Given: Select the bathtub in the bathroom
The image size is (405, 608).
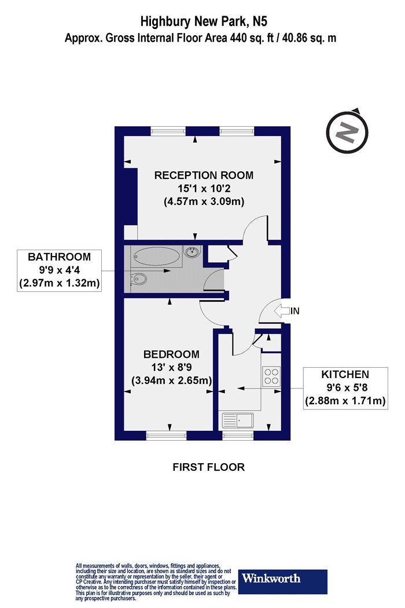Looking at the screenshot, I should point(157,255).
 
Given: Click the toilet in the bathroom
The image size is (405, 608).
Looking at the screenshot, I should point(139,280).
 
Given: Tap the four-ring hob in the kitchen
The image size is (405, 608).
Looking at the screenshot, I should point(271,376).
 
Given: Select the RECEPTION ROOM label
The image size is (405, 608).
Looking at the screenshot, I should point(204,175).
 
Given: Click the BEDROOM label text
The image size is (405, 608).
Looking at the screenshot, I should point(171,354).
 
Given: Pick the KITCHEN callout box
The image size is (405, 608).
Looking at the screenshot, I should point(345,387).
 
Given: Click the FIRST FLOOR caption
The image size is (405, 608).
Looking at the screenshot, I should point(208,467).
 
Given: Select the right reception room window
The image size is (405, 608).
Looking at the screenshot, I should point(235,131).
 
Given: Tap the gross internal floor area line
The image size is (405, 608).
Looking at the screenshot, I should point(201,39).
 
